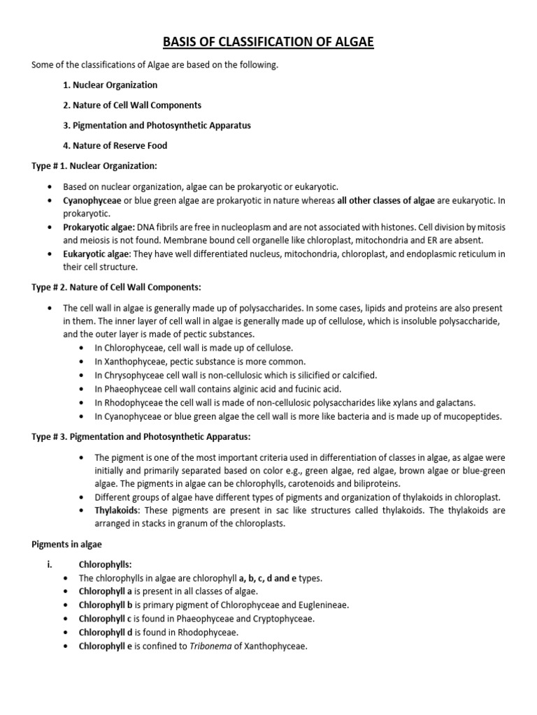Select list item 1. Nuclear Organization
point(110,85)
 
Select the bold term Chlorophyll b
point(105,605)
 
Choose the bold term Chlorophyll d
point(105,632)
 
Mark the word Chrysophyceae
point(131,375)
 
